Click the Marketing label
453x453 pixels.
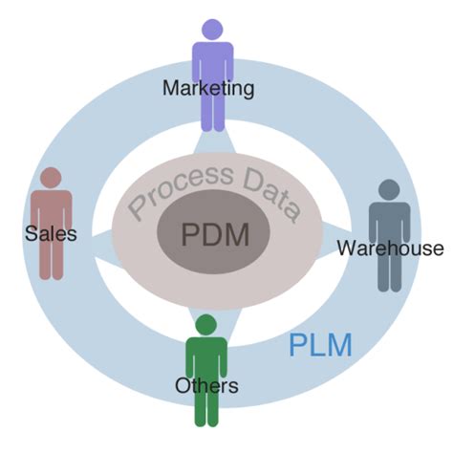point(208,89)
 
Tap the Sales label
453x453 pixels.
point(51,232)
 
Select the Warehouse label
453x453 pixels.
point(390,248)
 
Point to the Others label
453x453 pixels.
point(205,386)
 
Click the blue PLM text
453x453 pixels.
point(320,345)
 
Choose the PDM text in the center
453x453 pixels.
point(215,233)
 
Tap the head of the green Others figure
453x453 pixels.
point(206,323)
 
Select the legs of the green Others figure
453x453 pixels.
point(207,409)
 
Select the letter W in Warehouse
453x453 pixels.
point(346,248)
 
